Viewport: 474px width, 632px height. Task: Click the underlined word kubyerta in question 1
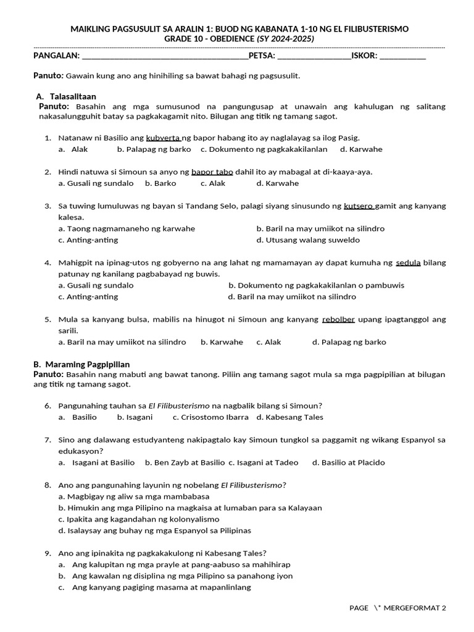[x=164, y=138]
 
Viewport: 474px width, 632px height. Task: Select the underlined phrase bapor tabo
[x=212, y=172]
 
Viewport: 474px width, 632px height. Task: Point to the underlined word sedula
[x=408, y=262]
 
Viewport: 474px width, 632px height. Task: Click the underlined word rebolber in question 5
[x=338, y=319]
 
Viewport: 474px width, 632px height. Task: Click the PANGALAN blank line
[x=165, y=56]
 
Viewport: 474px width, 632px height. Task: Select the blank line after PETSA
[x=314, y=56]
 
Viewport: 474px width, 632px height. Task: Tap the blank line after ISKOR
[x=402, y=56]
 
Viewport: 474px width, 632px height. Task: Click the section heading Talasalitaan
[x=73, y=96]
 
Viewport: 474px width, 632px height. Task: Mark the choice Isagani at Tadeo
[x=268, y=462]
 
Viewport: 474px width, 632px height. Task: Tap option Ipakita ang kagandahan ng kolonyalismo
[x=143, y=519]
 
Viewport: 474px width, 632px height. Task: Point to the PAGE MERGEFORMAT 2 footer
[x=397, y=608]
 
